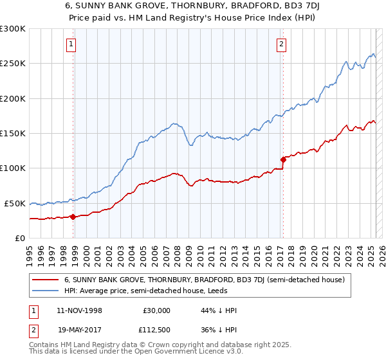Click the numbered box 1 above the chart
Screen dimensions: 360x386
coord(70,44)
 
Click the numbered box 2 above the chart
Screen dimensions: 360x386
coord(282,44)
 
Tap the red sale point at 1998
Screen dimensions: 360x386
coord(73,217)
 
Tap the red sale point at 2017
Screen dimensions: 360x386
coord(283,159)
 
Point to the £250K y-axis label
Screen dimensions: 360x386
coord(13,64)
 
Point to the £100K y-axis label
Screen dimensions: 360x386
coord(13,168)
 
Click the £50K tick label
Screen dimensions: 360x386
coord(15,203)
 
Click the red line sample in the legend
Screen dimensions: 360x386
coord(45,280)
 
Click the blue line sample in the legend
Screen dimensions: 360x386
coord(45,291)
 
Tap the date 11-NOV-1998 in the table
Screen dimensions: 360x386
coord(80,310)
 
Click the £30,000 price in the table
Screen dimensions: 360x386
coord(157,310)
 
